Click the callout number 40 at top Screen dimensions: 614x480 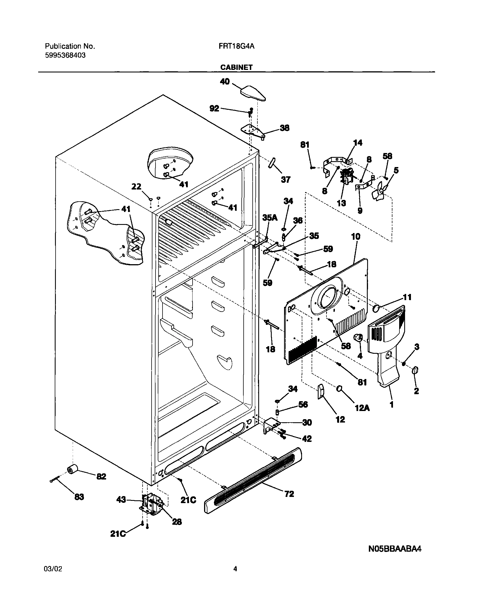[x=225, y=82]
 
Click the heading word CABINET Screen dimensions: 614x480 [x=236, y=67]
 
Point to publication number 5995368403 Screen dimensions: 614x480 [x=65, y=55]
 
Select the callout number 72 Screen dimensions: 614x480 [x=289, y=494]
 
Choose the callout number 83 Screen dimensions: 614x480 [x=79, y=497]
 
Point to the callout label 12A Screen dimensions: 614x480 [x=362, y=408]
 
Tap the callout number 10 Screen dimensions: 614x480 [x=356, y=236]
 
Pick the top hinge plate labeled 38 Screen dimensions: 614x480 [x=253, y=131]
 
